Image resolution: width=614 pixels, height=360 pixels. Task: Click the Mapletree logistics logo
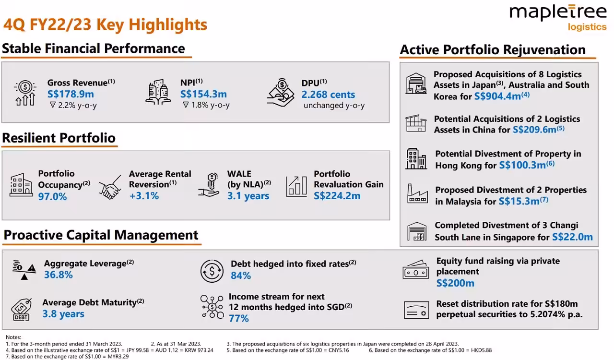click(x=558, y=17)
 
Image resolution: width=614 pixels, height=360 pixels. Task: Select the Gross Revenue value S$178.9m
click(x=71, y=95)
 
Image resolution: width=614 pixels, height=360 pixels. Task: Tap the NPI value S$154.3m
click(x=203, y=95)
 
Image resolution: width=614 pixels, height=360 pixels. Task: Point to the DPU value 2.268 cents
click(x=328, y=95)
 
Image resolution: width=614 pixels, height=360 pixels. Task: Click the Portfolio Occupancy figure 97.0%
click(x=52, y=196)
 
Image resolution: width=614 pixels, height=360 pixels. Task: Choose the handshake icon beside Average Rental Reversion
click(x=110, y=187)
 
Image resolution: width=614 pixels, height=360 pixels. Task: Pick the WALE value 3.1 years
click(x=248, y=196)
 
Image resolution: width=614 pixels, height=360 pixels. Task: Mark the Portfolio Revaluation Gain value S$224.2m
click(x=337, y=196)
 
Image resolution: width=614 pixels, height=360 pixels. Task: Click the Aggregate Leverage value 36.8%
click(x=59, y=275)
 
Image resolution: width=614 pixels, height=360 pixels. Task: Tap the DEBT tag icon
click(x=21, y=310)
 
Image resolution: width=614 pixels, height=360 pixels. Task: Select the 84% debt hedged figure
click(x=240, y=276)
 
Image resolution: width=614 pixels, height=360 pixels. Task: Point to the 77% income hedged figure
click(x=238, y=318)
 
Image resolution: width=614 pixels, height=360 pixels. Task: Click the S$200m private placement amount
click(x=455, y=283)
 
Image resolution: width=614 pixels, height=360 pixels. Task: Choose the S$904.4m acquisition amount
click(x=497, y=96)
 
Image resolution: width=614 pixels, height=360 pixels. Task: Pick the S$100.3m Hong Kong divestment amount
click(x=522, y=166)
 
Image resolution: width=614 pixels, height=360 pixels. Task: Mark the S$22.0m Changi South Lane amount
click(x=572, y=237)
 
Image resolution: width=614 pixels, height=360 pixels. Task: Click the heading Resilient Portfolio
click(x=59, y=138)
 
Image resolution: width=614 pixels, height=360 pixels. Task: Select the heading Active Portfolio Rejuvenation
click(x=493, y=50)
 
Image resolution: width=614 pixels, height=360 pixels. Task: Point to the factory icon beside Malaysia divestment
click(x=416, y=193)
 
